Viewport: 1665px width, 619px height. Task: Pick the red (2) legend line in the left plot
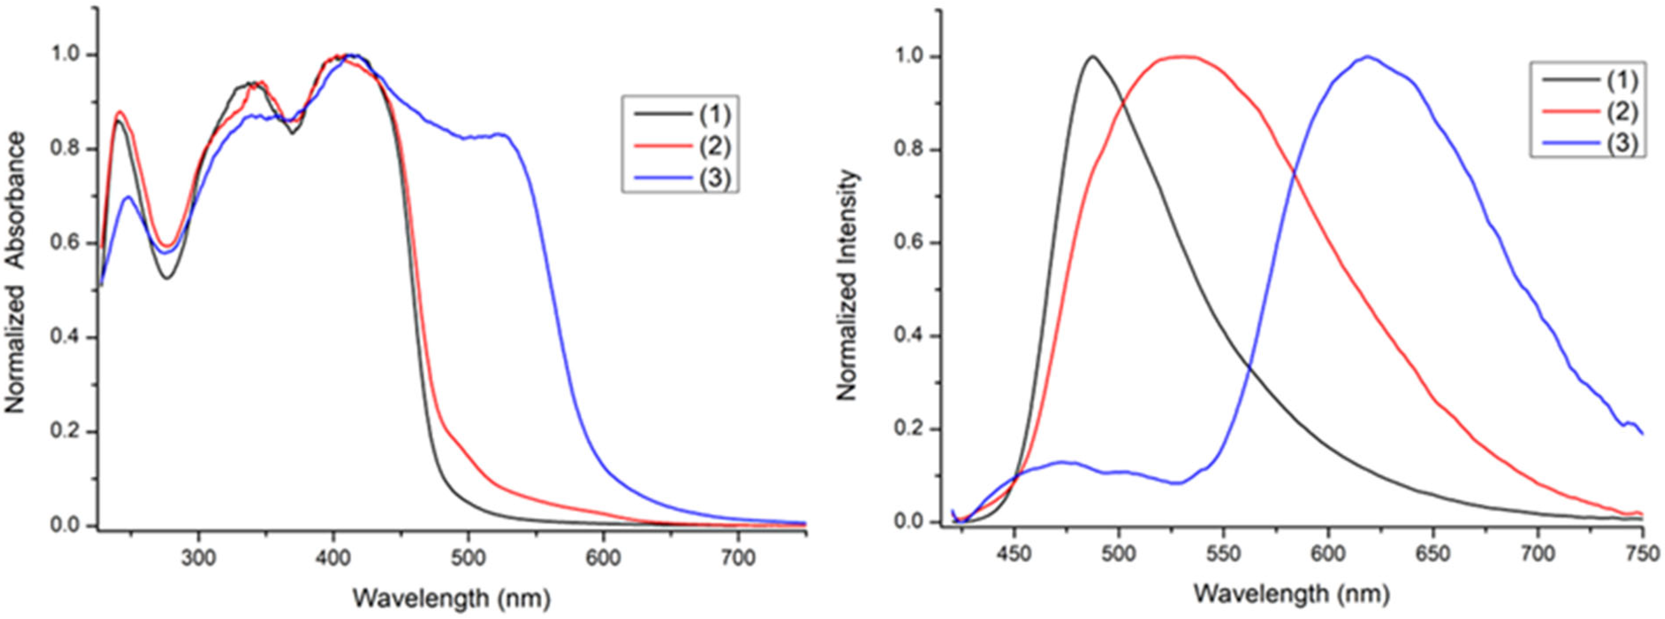pos(662,146)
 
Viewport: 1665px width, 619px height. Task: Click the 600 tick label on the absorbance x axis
pos(603,557)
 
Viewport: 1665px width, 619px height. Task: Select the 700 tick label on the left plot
pos(738,557)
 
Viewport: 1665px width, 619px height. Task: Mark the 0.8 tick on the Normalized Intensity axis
pos(908,150)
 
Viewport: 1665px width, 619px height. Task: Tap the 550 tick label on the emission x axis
pos(1223,554)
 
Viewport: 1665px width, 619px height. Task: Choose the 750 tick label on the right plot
pos(1642,554)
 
